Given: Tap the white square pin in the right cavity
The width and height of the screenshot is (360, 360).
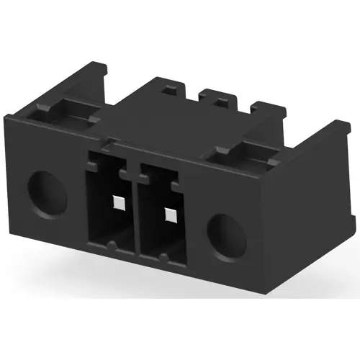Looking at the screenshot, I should coord(170,215).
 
